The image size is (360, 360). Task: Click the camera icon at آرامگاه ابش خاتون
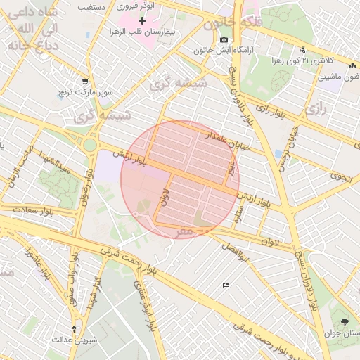click(224, 40)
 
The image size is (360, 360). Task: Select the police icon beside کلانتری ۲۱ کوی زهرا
click(302, 50)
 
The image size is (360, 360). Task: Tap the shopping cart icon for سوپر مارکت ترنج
click(85, 81)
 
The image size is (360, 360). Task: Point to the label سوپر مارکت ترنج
click(105, 92)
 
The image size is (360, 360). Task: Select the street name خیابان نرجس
click(284, 145)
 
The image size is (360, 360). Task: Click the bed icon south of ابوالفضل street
click(225, 284)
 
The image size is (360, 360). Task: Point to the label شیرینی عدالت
click(74, 340)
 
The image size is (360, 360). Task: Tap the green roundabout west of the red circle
click(90, 146)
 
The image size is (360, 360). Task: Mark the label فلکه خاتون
click(229, 23)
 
